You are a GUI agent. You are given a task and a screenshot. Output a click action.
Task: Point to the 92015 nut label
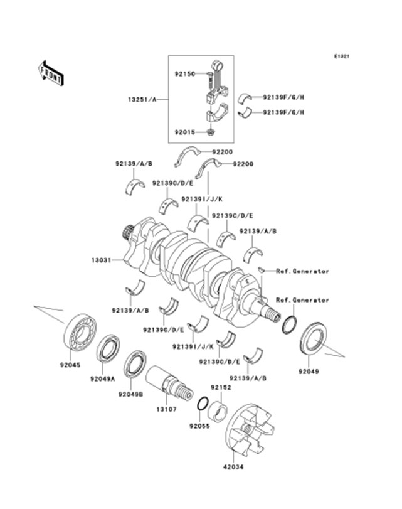[x=184, y=132]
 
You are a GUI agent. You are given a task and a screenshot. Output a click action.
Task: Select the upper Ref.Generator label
[x=303, y=271]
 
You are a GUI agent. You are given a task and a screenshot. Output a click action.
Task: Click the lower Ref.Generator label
[x=303, y=300]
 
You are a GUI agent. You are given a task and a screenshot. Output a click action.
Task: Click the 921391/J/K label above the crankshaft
[x=198, y=199]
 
